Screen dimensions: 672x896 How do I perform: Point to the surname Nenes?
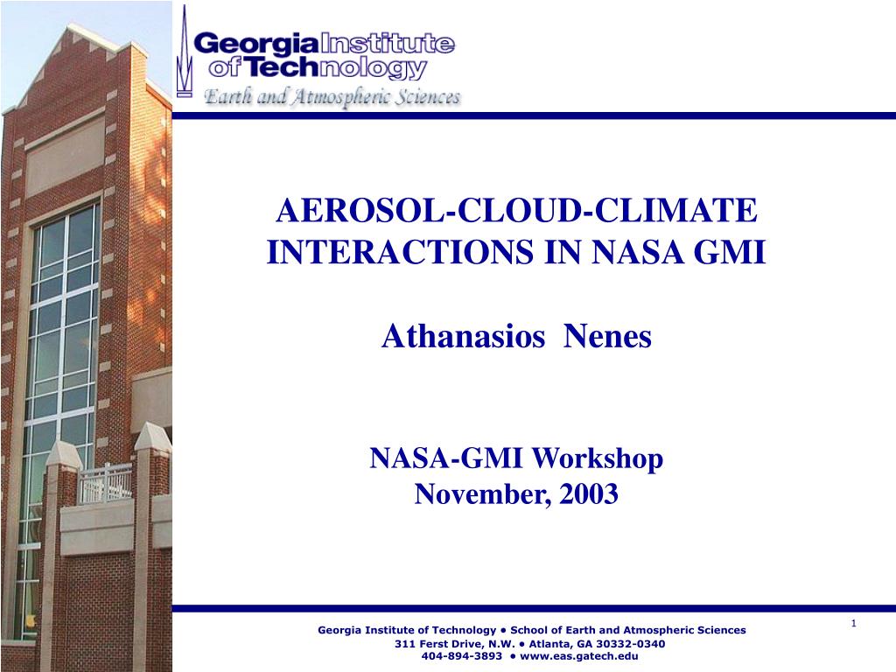tap(608, 336)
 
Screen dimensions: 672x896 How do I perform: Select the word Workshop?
tap(597, 458)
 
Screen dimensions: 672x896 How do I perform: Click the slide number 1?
tap(853, 622)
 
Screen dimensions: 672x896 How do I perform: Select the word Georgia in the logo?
tap(256, 44)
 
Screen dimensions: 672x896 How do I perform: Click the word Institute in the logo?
tap(388, 44)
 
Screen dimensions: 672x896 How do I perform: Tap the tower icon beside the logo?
tap(184, 52)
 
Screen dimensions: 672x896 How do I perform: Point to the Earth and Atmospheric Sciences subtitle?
tap(332, 96)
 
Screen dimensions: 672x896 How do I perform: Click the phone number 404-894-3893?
tap(462, 656)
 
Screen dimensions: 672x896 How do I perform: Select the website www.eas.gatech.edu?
tap(579, 656)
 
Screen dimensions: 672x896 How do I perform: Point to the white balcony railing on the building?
tap(106, 483)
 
